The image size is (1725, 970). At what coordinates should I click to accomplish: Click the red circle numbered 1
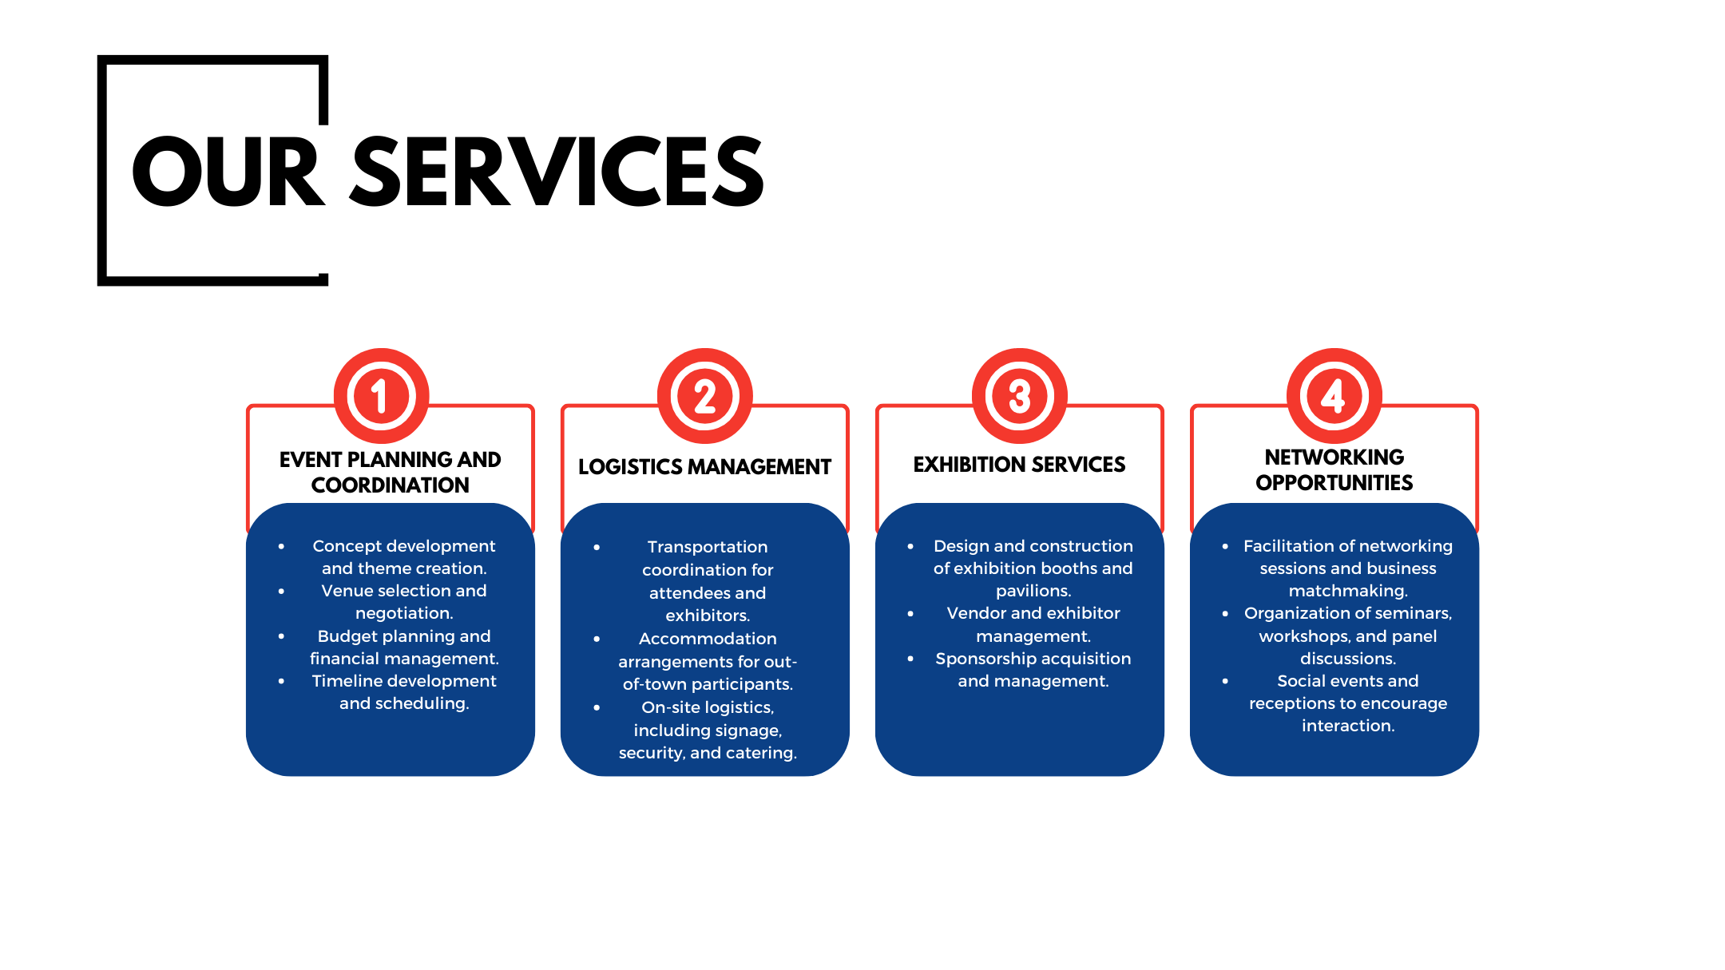click(382, 396)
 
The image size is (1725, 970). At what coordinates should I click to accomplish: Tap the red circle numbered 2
click(705, 396)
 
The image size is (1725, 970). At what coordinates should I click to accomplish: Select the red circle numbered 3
click(1020, 396)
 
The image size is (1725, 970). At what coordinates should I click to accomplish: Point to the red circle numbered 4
click(1334, 396)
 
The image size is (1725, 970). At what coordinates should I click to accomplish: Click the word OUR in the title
click(228, 172)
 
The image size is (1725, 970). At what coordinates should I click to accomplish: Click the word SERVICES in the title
click(558, 172)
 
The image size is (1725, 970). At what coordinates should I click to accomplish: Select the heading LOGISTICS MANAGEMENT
click(704, 467)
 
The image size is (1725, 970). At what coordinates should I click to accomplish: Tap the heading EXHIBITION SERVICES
click(1019, 465)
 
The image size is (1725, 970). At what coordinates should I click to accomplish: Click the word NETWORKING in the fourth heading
click(1334, 457)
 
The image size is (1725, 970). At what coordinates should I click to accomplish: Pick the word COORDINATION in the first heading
click(391, 485)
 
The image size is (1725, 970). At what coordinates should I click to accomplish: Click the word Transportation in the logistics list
click(708, 547)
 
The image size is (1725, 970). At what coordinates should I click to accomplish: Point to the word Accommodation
click(708, 639)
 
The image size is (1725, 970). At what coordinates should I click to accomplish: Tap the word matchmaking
click(1348, 592)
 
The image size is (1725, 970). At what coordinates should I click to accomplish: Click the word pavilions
click(1033, 592)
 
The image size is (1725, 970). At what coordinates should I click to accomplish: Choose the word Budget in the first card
click(344, 636)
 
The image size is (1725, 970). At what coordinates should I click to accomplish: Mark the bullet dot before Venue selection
click(281, 592)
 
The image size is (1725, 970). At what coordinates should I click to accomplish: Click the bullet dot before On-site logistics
click(597, 707)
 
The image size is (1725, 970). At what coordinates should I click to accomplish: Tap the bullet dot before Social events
click(1225, 681)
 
